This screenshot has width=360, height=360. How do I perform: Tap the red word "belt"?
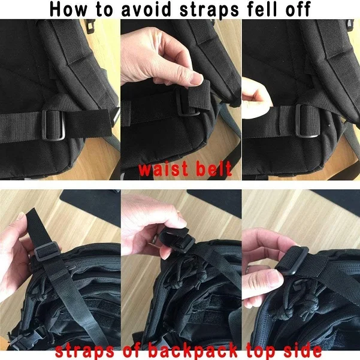pyautogui.click(x=213, y=170)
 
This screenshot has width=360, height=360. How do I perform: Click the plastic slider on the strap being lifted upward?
pyautogui.click(x=42, y=252)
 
